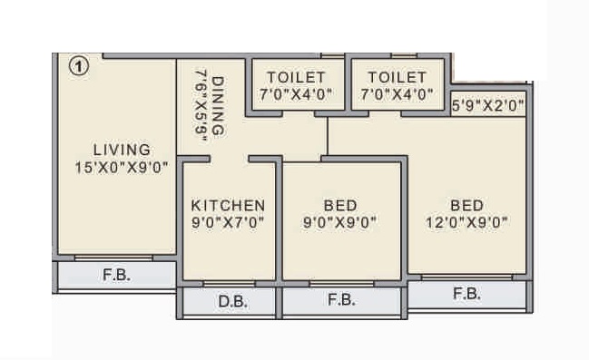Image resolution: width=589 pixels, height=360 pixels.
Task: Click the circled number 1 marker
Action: (x=79, y=66)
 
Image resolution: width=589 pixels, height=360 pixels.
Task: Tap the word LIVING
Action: (x=122, y=150)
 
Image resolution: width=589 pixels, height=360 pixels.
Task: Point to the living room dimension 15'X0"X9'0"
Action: (x=122, y=167)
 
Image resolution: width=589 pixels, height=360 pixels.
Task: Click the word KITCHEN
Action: (x=228, y=206)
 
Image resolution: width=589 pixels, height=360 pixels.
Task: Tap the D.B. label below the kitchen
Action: (x=229, y=301)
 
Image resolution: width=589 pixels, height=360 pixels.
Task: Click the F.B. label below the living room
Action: (x=117, y=274)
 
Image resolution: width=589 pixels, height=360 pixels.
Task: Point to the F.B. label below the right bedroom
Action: (x=466, y=293)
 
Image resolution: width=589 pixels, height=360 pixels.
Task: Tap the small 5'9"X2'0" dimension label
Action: (x=488, y=106)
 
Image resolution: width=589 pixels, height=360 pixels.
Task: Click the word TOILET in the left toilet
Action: (x=296, y=78)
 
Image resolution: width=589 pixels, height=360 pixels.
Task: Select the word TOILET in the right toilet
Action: (x=398, y=78)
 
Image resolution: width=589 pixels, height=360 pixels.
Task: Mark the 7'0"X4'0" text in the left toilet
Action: (x=296, y=94)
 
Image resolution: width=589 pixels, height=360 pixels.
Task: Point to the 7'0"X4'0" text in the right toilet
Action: (x=398, y=94)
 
